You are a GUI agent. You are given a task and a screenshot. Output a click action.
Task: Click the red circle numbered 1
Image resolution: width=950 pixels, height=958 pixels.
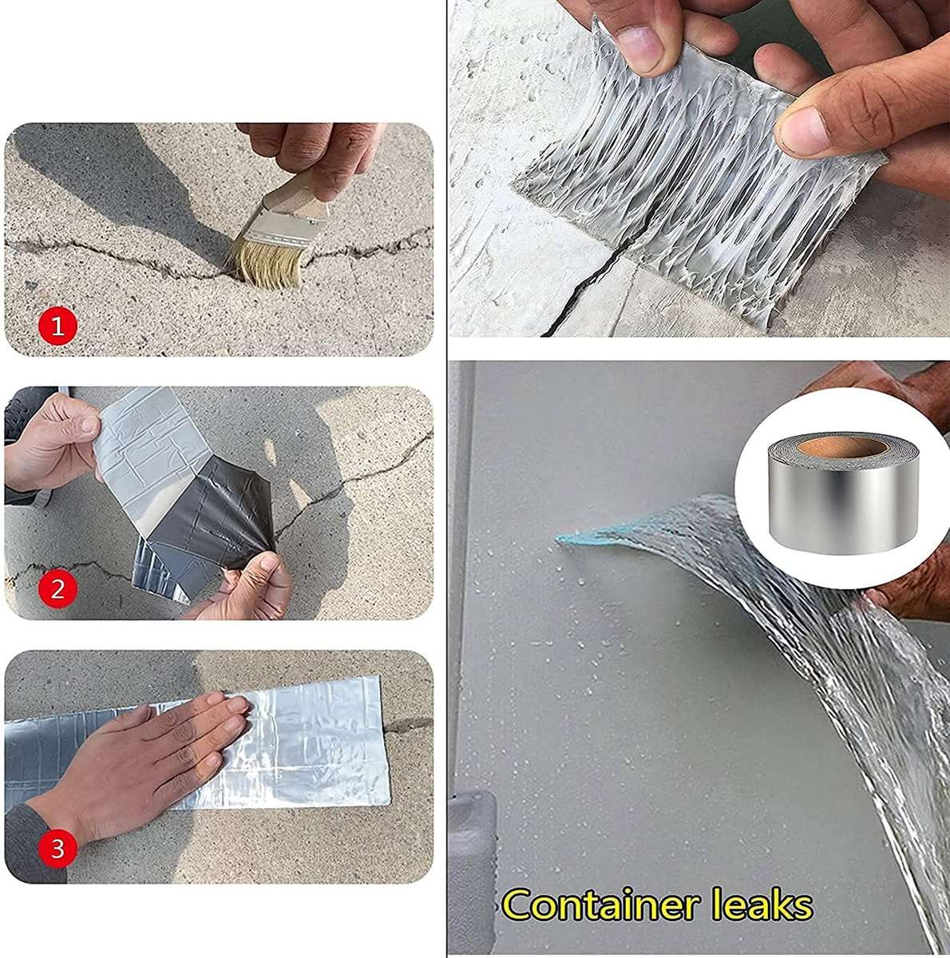pos(57,326)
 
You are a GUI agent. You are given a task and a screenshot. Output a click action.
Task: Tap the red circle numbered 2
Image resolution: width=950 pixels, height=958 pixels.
pos(57,589)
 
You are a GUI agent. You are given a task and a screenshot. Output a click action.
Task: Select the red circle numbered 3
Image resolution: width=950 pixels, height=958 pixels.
pos(57,849)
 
